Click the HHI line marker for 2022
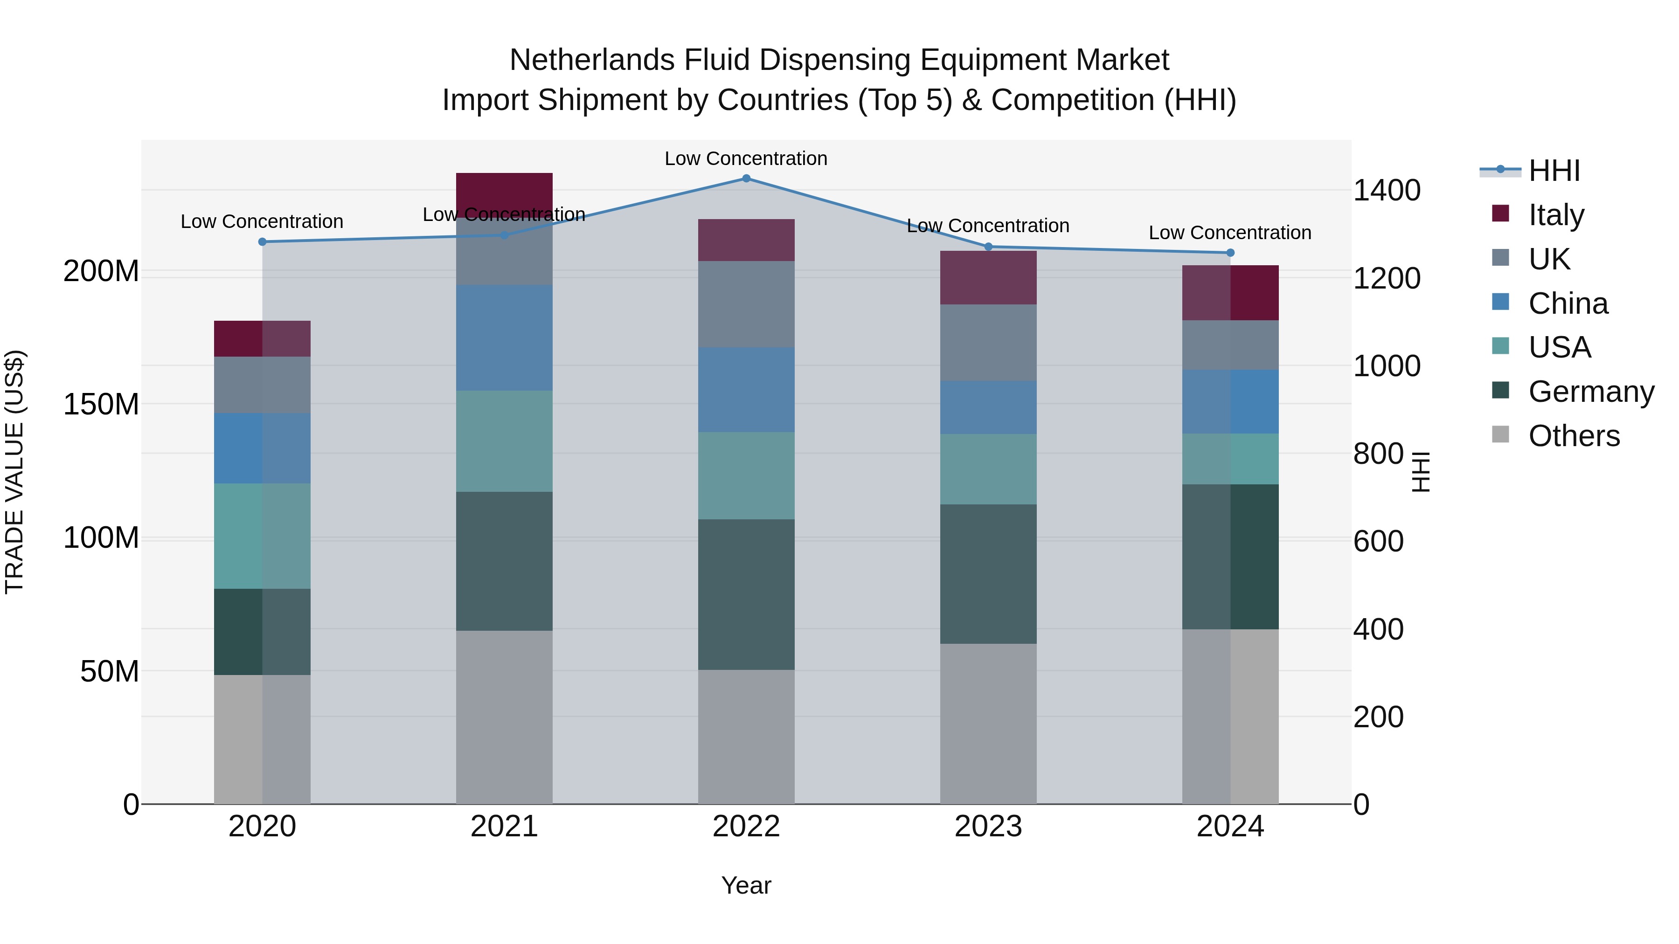point(746,179)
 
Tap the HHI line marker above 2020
point(262,241)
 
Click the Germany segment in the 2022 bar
point(746,594)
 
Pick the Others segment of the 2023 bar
point(988,723)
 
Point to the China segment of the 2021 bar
point(504,338)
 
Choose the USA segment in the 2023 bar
point(988,469)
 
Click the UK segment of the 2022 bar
point(746,304)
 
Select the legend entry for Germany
point(1590,392)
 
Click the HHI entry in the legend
point(1554,171)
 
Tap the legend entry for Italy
point(1556,215)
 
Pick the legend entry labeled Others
point(1574,436)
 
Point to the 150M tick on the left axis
point(101,405)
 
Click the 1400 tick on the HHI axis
point(1387,191)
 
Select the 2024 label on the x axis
point(1230,827)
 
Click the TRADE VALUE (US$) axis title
point(14,472)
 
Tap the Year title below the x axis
point(746,885)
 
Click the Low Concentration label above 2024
point(1229,233)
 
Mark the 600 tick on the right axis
point(1379,541)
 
